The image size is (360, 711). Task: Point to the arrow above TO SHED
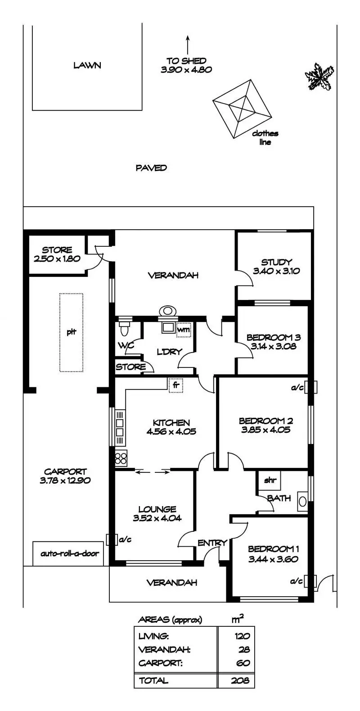[188, 45]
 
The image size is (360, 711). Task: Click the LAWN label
[87, 65]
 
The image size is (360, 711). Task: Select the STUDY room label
[276, 262]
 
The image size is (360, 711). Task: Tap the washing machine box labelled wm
[184, 330]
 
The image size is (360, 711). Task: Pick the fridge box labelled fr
[175, 385]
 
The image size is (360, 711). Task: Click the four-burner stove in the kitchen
[121, 458]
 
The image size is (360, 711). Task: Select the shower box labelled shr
[270, 480]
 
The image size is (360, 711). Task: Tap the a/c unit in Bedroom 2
[310, 387]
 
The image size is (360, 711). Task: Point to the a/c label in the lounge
[125, 539]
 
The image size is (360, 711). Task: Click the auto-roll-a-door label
[70, 553]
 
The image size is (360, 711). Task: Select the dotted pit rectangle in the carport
[72, 332]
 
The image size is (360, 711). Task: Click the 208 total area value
[240, 680]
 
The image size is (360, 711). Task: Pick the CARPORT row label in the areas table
[160, 663]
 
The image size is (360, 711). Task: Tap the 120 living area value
[243, 636]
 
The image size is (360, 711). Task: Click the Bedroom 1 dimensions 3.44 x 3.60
[273, 559]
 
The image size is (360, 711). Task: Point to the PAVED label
[151, 168]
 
